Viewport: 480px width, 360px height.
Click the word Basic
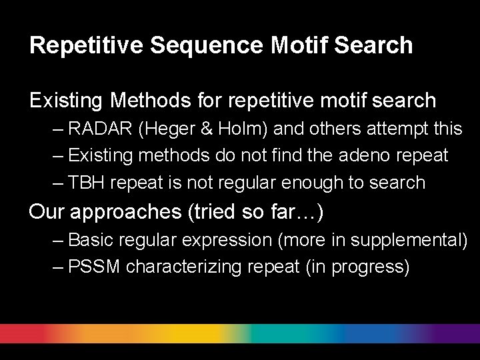click(92, 239)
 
